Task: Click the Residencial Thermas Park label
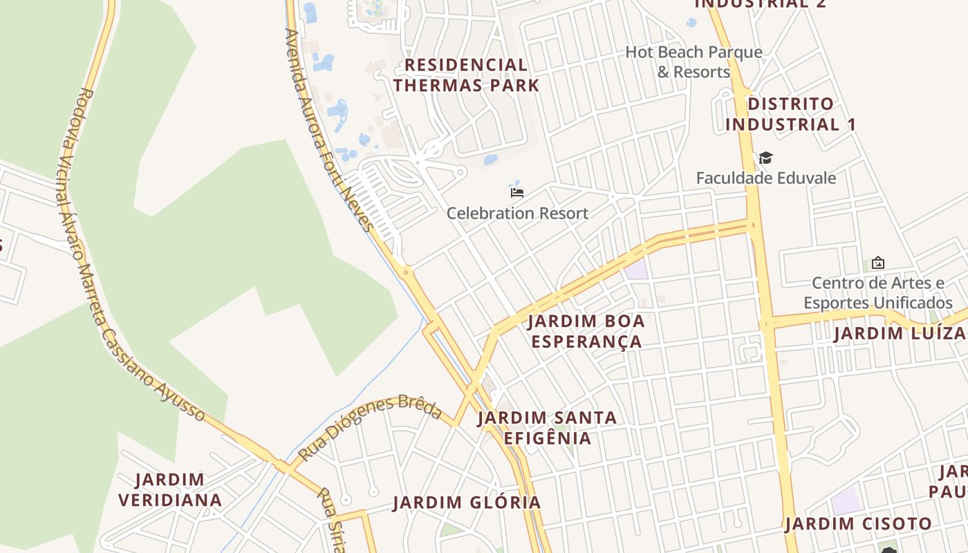point(466,75)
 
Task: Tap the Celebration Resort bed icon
point(516,192)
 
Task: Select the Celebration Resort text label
point(517,213)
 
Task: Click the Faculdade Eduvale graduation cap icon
point(765,158)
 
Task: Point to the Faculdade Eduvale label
point(765,178)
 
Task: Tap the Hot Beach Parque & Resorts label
point(694,62)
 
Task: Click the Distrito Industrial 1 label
point(790,114)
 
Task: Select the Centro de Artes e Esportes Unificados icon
point(877,263)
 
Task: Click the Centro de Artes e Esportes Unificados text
point(877,292)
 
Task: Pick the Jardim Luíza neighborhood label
point(899,333)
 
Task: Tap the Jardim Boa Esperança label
point(586,331)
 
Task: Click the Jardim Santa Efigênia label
point(547,428)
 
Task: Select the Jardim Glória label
point(467,503)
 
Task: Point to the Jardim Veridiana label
point(170,489)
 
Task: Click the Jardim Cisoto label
point(858,524)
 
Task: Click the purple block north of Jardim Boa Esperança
point(637,269)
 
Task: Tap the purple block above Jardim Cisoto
point(847,500)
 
